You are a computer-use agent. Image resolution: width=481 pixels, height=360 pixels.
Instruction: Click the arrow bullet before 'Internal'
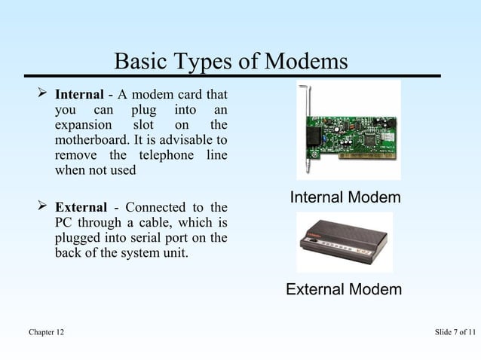(x=43, y=95)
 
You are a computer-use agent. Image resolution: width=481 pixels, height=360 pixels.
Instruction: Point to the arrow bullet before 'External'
(x=43, y=207)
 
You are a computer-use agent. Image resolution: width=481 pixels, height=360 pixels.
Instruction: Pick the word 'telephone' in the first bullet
(x=163, y=155)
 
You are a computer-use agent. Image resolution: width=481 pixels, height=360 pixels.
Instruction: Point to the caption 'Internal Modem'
(x=345, y=198)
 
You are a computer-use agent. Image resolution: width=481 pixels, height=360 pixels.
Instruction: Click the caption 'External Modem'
(x=344, y=290)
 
